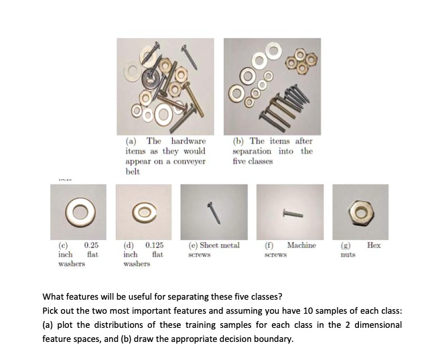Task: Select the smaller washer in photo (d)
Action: pos(144,213)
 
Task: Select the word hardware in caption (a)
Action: pos(188,141)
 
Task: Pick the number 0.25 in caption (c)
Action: pos(92,245)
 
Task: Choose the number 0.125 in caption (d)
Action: pos(153,245)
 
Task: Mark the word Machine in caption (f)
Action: pos(301,245)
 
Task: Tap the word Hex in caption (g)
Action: pos(374,245)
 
